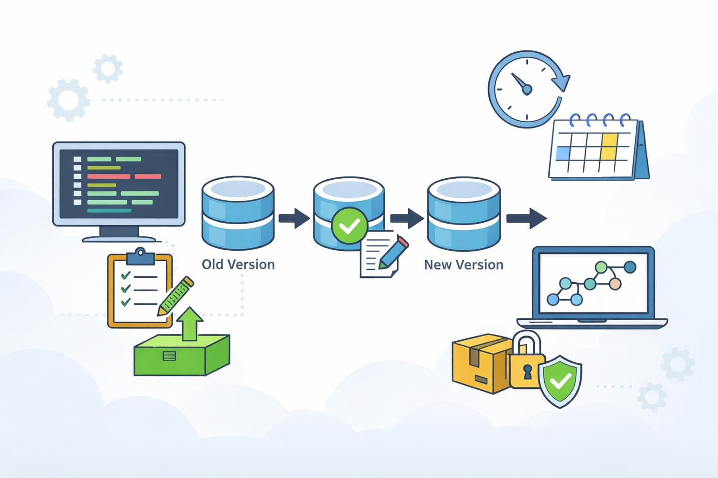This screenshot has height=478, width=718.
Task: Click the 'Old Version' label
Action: (x=238, y=264)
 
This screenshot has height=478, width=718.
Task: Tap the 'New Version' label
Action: (x=463, y=265)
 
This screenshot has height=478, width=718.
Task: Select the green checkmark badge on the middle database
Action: (x=349, y=226)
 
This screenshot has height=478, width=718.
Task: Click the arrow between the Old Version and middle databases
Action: (x=294, y=218)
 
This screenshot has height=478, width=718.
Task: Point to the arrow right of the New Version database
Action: (x=526, y=218)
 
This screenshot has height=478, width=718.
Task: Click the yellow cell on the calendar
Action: (x=609, y=146)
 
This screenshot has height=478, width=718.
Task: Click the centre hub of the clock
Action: (x=527, y=89)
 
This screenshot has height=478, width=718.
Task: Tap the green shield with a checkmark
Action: (x=560, y=380)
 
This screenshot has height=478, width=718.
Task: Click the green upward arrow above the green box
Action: (x=189, y=323)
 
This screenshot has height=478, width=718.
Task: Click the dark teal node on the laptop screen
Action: (x=630, y=267)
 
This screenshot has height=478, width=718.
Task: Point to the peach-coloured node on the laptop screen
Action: (x=615, y=283)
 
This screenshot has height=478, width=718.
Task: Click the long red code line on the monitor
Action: (x=108, y=176)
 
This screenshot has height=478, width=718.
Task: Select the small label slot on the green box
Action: (x=169, y=356)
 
